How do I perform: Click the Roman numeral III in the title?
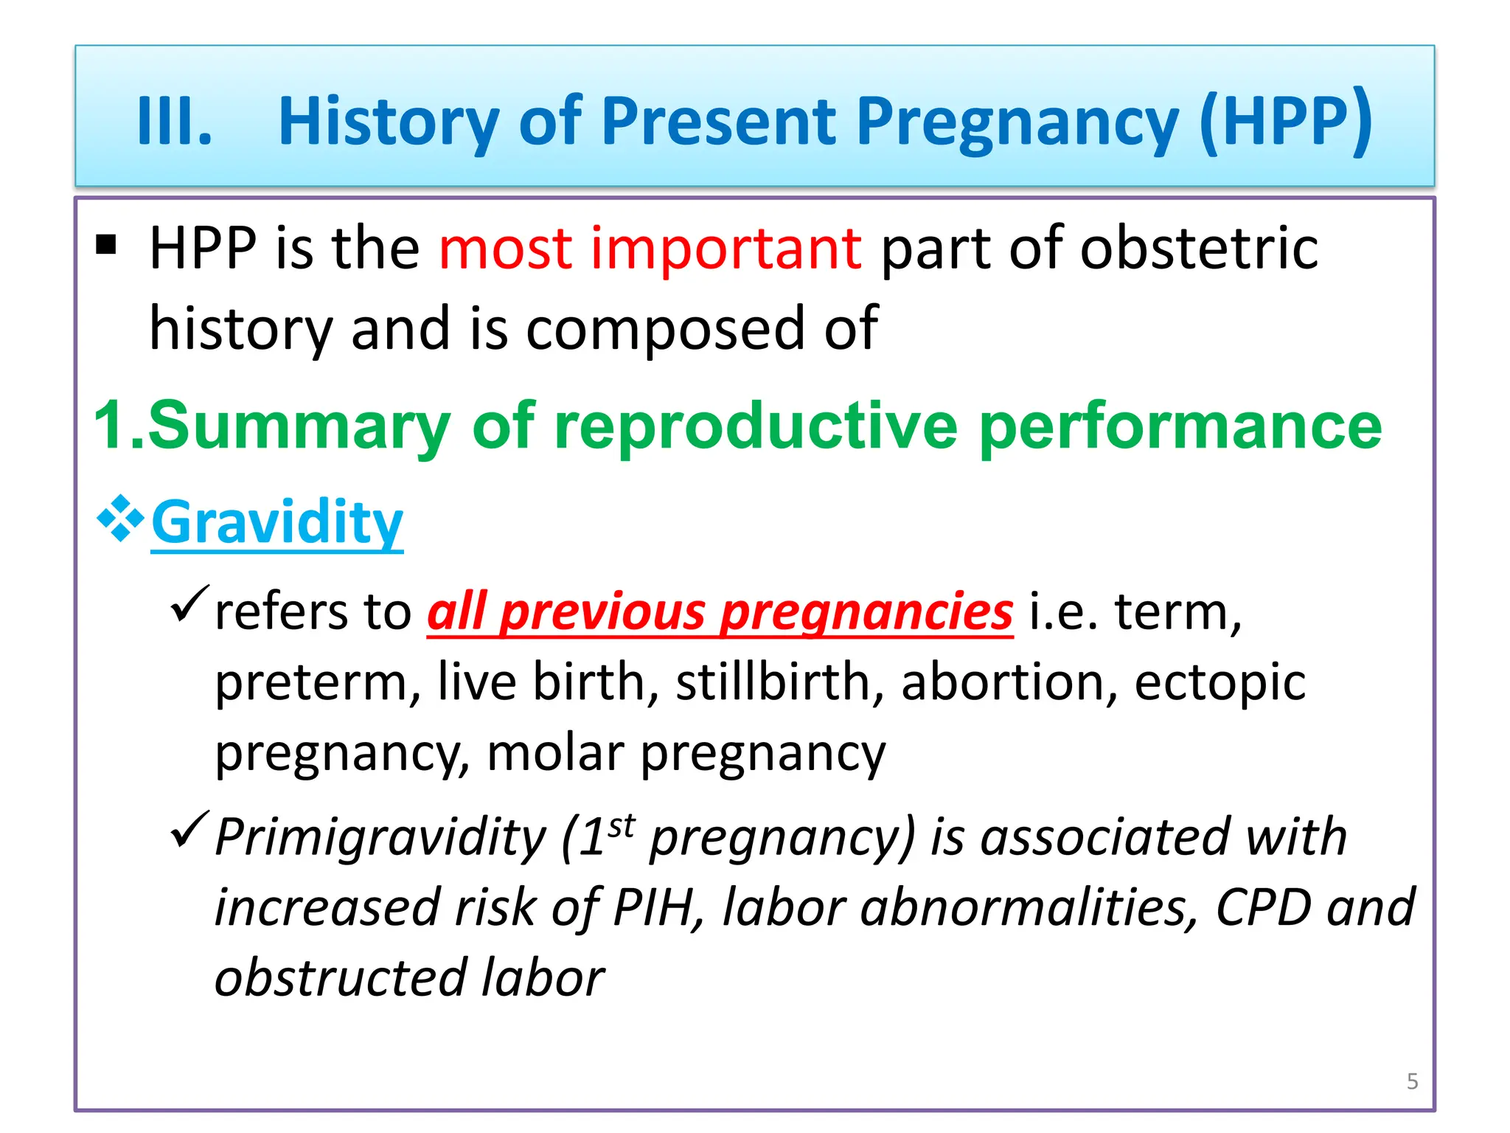(174, 122)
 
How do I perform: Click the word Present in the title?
(719, 122)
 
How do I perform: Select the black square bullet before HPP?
(106, 244)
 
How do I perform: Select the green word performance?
(1180, 426)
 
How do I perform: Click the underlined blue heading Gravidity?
(277, 522)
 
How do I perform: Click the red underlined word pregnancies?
(866, 612)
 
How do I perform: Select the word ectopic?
(1220, 682)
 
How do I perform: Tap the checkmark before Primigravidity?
(189, 829)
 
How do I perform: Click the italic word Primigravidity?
(380, 838)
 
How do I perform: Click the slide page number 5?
(1412, 1081)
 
